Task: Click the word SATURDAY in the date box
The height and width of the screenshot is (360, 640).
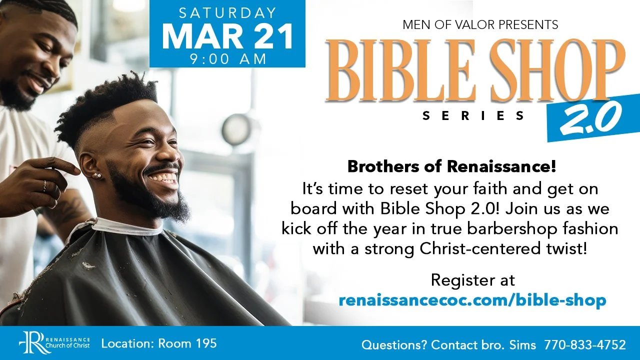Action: click(227, 12)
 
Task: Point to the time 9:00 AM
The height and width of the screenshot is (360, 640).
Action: click(227, 58)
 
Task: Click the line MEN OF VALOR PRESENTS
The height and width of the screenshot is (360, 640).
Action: click(480, 23)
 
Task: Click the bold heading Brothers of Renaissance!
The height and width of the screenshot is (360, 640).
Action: click(451, 166)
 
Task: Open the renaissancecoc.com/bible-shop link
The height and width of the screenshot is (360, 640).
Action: click(472, 300)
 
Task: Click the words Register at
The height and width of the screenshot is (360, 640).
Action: click(472, 280)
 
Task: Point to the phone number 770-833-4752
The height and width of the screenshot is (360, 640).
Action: click(584, 345)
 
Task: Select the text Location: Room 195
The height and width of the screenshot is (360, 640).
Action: click(159, 343)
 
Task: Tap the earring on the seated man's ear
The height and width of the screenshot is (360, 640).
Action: click(97, 175)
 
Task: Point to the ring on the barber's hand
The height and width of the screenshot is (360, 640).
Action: click(44, 185)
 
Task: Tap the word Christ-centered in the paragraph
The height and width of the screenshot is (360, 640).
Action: click(488, 248)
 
